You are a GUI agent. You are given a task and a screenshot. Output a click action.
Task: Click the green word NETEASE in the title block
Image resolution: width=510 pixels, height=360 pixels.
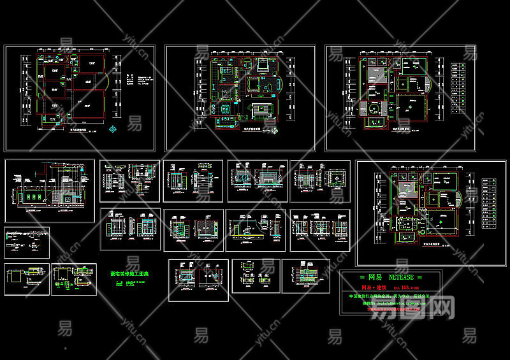tap(403, 278)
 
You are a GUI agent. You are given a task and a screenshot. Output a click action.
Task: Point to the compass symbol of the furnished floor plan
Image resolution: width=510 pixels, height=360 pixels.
tap(275, 131)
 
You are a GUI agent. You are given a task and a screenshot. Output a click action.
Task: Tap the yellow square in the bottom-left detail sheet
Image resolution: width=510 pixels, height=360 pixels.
tap(14, 277)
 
